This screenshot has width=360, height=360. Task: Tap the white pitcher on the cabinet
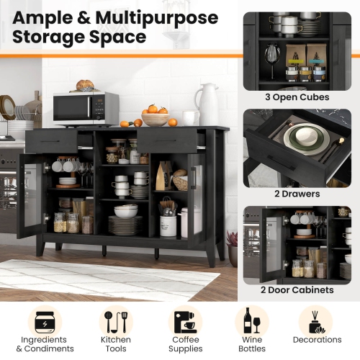[x=207, y=104]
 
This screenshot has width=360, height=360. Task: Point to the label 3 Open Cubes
[x=297, y=96]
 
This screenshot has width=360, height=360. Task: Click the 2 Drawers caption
[x=297, y=193]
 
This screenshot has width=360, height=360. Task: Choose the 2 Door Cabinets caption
[x=297, y=289]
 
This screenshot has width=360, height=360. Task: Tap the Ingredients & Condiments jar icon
[x=45, y=322]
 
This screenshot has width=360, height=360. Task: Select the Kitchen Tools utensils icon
[x=115, y=322]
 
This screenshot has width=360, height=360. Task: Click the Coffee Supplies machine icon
[x=186, y=322]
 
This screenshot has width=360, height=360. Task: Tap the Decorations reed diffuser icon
[x=317, y=322]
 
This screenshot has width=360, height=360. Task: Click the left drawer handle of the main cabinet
[x=52, y=141]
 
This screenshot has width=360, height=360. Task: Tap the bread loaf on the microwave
[x=86, y=85]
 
